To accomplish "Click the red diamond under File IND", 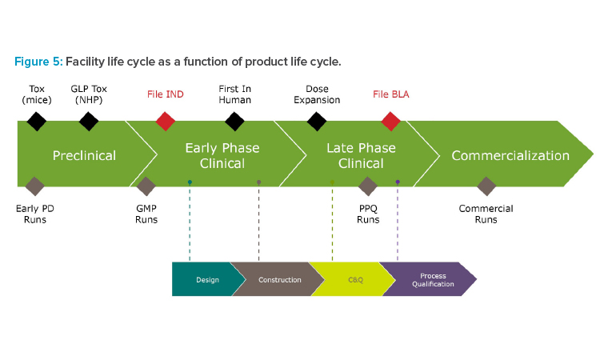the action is (166, 122).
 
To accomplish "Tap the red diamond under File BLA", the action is (390, 122).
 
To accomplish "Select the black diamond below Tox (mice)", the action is (37, 122).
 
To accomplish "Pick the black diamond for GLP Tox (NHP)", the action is (89, 122).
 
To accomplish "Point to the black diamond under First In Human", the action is (234, 122).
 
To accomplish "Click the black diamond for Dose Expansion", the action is (317, 122).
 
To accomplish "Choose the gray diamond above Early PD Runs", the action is (35, 186).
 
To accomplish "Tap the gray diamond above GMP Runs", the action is (146, 186).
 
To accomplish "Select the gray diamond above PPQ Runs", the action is (368, 186).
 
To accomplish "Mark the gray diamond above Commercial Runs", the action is (486, 186).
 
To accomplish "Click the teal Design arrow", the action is (206, 279).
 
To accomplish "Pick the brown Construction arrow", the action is (278, 279).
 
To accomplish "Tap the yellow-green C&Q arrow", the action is (352, 279).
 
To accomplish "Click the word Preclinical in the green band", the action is (84, 155).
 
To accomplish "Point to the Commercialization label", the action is (510, 155).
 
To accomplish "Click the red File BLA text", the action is (390, 94).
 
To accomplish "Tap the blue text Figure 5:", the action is (38, 62).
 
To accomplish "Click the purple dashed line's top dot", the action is (398, 182).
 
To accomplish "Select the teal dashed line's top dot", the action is (190, 182).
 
